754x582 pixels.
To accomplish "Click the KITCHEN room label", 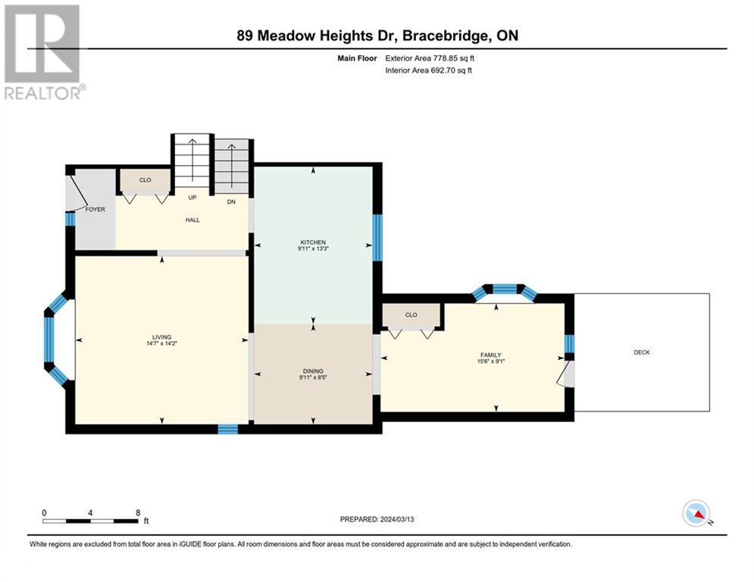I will pyautogui.click(x=313, y=242).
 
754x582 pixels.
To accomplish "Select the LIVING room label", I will pyautogui.click(x=161, y=337).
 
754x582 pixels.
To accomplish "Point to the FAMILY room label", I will pyautogui.click(x=490, y=355).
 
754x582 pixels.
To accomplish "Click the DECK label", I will pyautogui.click(x=642, y=352).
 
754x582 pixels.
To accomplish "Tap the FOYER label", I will pyautogui.click(x=95, y=209).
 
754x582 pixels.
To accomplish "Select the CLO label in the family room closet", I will pyautogui.click(x=411, y=314).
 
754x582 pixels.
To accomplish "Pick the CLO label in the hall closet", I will pyautogui.click(x=145, y=180).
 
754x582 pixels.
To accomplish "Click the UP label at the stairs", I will pyautogui.click(x=192, y=197).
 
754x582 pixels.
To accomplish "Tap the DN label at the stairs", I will pyautogui.click(x=231, y=202).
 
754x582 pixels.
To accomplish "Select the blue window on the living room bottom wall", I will pyautogui.click(x=227, y=429).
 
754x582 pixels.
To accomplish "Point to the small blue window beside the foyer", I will pyautogui.click(x=70, y=219).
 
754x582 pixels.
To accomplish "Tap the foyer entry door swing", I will pyautogui.click(x=74, y=190).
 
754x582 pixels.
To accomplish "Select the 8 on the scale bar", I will pyautogui.click(x=137, y=512).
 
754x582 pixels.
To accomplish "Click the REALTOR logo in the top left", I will pyautogui.click(x=43, y=52).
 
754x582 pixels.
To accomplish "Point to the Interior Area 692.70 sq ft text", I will pyautogui.click(x=430, y=70).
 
